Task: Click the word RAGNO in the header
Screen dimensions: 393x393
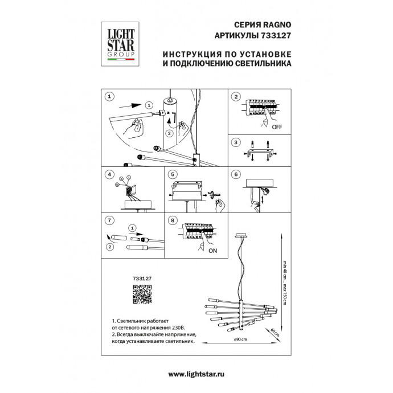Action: (x=277, y=25)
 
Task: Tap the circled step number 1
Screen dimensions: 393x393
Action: (x=110, y=97)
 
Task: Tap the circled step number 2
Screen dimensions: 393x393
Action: (x=236, y=97)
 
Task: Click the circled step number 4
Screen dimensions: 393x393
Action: (x=110, y=174)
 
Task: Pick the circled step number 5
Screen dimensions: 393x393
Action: (x=173, y=174)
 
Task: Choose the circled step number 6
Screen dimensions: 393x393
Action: (x=236, y=174)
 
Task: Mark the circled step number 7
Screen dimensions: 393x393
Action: (x=110, y=219)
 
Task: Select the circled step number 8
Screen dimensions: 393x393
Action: (x=173, y=219)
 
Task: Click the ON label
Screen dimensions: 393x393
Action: (x=214, y=250)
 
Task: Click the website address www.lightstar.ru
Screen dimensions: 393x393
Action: (x=197, y=374)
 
